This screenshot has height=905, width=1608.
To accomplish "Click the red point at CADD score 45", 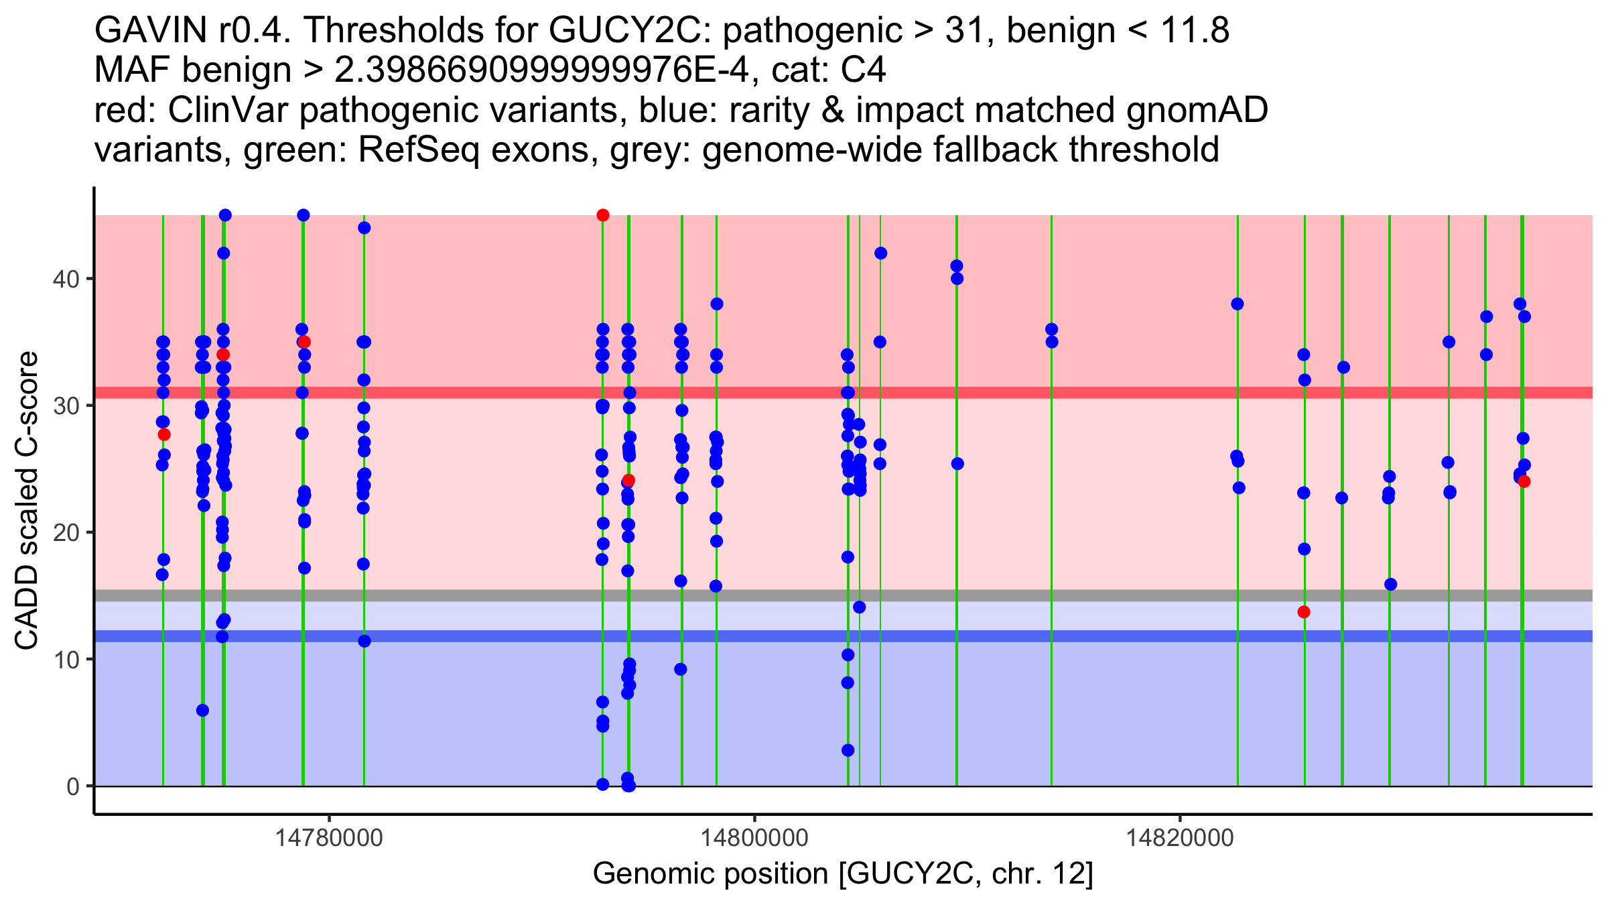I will point(603,215).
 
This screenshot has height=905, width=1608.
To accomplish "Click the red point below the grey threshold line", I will point(1304,612).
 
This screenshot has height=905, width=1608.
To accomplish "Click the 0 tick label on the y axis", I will point(73,786).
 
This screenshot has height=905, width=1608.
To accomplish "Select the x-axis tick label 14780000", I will point(329,838).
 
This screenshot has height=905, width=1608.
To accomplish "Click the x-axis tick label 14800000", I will point(754,838).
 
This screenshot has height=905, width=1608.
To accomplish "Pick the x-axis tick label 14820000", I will point(1180,838).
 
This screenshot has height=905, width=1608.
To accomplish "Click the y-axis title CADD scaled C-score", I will point(27,501).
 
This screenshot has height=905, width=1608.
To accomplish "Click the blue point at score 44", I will point(364,228).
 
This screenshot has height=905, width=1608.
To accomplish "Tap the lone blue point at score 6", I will point(202,711).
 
